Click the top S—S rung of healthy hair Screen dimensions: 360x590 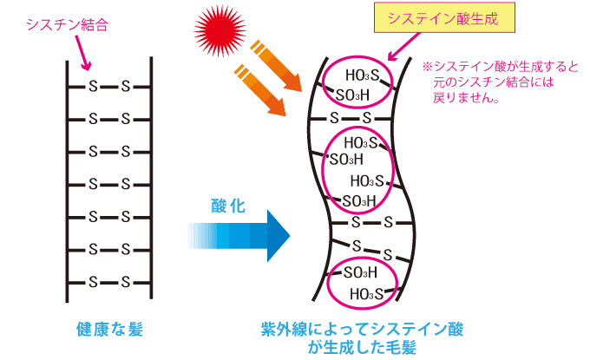tap(109, 86)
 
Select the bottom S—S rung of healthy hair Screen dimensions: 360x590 tap(109, 282)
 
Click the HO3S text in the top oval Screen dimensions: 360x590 tap(361, 75)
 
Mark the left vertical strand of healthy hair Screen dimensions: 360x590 tap(69, 182)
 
